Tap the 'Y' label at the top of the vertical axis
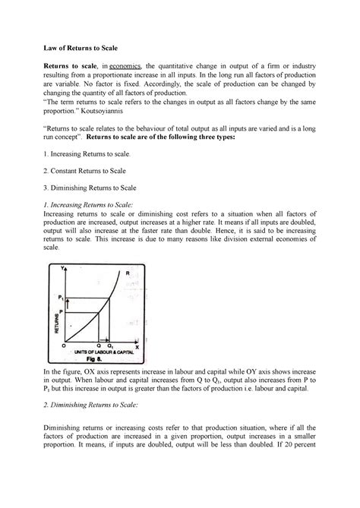55,267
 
